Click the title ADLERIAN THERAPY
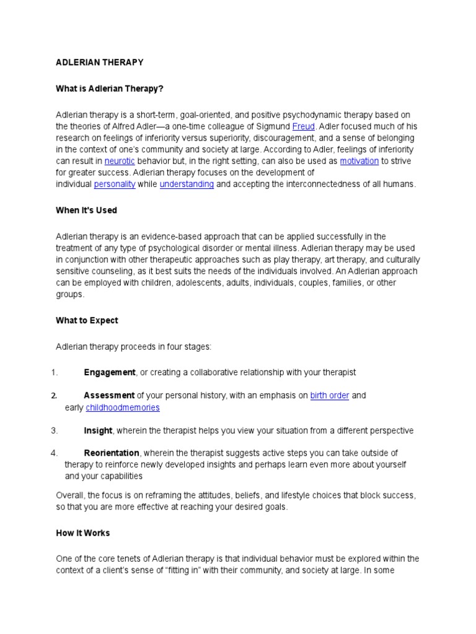click(x=99, y=63)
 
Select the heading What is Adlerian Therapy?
click(x=109, y=89)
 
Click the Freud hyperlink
click(x=304, y=126)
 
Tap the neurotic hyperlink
click(x=120, y=161)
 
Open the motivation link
click(x=359, y=161)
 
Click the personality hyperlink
click(x=115, y=184)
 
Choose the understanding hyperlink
click(x=187, y=184)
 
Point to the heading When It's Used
click(x=86, y=211)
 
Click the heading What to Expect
click(x=87, y=321)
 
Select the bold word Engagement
click(x=109, y=372)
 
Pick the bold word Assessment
click(x=109, y=395)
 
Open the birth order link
click(x=330, y=395)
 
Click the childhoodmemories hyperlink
click(x=123, y=407)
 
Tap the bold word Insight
click(x=98, y=430)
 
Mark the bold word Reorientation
click(x=112, y=453)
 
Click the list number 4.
click(x=54, y=453)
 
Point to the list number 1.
click(x=54, y=372)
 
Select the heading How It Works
click(x=82, y=533)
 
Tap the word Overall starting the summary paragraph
click(x=70, y=495)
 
